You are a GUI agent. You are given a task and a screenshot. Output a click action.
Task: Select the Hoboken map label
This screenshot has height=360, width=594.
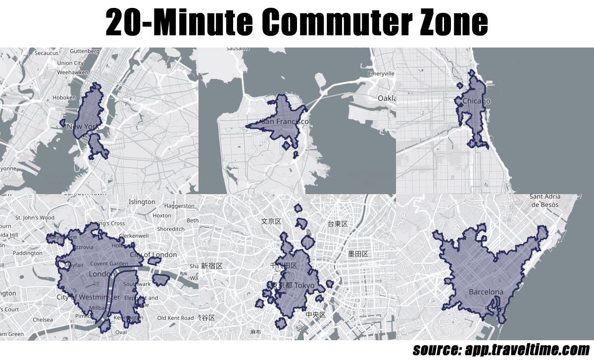[x=64, y=98]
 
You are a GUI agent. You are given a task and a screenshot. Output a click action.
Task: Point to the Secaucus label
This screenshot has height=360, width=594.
[x=47, y=53]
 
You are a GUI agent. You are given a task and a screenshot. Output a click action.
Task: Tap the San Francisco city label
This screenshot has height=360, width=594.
[x=285, y=122]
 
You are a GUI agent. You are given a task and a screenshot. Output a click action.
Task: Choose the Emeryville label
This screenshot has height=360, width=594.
[x=381, y=74]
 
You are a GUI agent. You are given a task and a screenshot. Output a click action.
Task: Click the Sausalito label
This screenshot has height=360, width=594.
[x=238, y=49]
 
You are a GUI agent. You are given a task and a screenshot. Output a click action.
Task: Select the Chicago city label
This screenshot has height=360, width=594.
[x=476, y=102]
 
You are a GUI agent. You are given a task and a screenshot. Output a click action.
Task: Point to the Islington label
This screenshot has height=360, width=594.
[x=142, y=202]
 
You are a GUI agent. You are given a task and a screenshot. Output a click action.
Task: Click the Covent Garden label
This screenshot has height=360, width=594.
[x=109, y=264]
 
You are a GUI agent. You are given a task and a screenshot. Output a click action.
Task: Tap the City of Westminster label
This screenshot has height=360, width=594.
[x=88, y=297]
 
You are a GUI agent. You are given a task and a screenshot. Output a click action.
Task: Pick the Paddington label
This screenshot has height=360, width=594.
[x=28, y=253]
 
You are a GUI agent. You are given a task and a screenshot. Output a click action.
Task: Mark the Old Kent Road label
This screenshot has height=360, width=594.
[x=175, y=318]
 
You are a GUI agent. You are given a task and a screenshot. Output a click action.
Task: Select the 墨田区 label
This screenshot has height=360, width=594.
[x=358, y=254]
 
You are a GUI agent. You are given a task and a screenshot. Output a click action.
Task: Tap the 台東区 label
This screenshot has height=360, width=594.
[x=338, y=224]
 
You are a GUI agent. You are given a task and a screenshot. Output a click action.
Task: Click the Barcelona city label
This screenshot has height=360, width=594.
[x=486, y=292]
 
